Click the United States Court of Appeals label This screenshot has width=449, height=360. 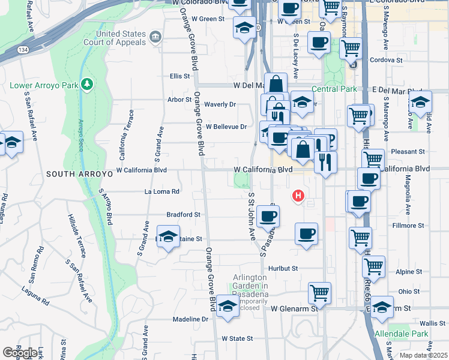click(122, 38)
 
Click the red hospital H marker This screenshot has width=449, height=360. click(298, 196)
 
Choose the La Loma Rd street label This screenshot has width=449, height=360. click(162, 192)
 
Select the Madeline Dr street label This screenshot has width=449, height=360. click(190, 319)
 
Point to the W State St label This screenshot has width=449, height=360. click(237, 338)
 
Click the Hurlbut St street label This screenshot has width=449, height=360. click(284, 268)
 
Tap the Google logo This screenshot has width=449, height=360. click(20, 353)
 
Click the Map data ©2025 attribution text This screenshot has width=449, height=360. click(424, 355)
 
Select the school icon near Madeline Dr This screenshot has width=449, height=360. click(228, 305)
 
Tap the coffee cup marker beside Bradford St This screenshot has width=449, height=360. click(268, 215)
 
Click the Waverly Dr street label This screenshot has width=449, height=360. click(220, 104)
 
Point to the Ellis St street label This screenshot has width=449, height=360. click(180, 76)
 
